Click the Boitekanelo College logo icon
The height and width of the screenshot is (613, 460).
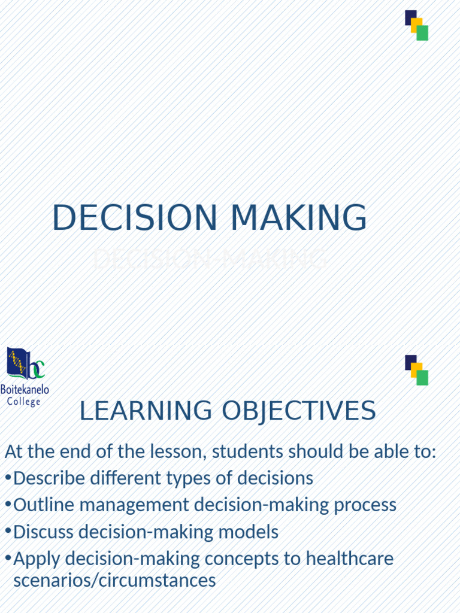pyautogui.click(x=25, y=364)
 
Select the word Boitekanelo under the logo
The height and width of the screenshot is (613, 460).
pyautogui.click(x=25, y=390)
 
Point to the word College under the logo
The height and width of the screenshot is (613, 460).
pyautogui.click(x=24, y=402)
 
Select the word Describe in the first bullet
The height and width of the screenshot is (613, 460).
pyautogui.click(x=49, y=478)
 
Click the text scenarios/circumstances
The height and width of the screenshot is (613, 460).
pyautogui.click(x=114, y=580)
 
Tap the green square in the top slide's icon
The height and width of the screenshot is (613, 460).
pyautogui.click(x=422, y=33)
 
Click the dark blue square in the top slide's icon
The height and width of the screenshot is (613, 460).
pyautogui.click(x=411, y=17)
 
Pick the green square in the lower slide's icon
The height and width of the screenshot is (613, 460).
pyautogui.click(x=422, y=378)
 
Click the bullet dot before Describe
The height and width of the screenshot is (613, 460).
pyautogui.click(x=8, y=478)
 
